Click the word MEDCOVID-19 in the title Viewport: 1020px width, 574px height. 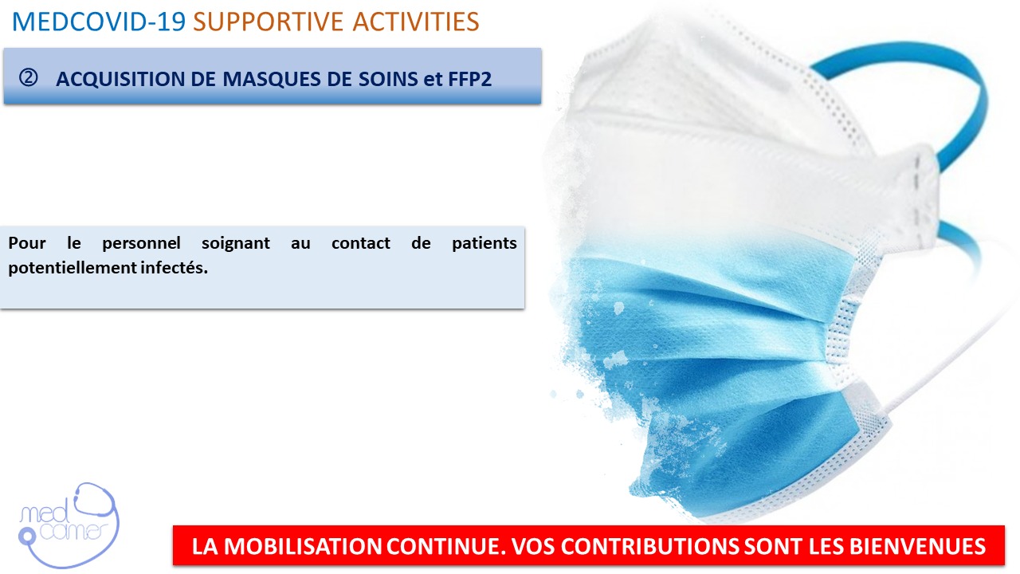pos(98,22)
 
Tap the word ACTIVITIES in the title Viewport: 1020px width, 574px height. pos(416,22)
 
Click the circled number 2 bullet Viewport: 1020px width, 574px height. pos(28,78)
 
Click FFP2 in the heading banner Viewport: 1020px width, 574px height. pos(470,79)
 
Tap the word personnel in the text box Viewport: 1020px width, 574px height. pos(141,244)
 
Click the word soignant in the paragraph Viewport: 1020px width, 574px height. pos(235,244)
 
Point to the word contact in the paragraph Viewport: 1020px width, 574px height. pos(361,243)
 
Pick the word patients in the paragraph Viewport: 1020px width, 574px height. pos(484,244)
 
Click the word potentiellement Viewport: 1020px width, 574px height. pos(73,268)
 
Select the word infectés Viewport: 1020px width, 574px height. pos(174,267)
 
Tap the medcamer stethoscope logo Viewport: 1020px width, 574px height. pos(69,526)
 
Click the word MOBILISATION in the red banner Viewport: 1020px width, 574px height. pos(302,546)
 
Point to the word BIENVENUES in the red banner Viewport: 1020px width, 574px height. pos(917,546)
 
